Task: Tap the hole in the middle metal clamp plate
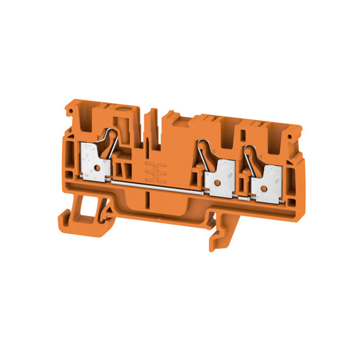[x=217, y=183]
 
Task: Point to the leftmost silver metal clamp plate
[x=95, y=160]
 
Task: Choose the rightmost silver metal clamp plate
[x=267, y=178]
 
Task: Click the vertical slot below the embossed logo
[x=148, y=198]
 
